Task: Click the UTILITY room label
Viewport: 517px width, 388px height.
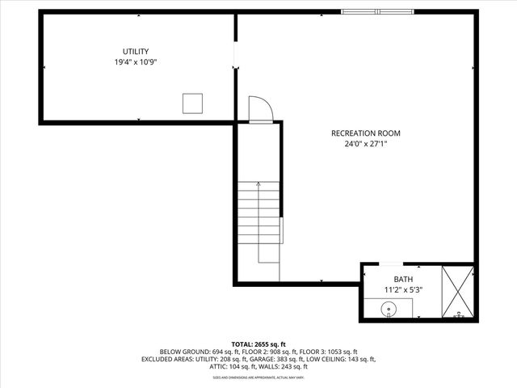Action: coord(135,52)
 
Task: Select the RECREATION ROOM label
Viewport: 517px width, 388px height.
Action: coord(365,133)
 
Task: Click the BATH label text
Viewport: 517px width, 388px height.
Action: coord(401,279)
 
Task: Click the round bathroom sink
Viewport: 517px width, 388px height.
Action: coord(389,308)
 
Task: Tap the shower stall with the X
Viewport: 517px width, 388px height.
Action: coord(458,292)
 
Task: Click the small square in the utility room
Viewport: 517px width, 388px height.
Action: coord(191,103)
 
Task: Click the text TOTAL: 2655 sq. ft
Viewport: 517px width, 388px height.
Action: coord(258,343)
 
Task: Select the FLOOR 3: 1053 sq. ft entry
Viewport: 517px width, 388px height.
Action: coord(327,352)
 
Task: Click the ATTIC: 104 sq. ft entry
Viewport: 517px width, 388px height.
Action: coord(214,366)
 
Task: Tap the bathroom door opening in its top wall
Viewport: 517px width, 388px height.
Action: coord(389,264)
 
